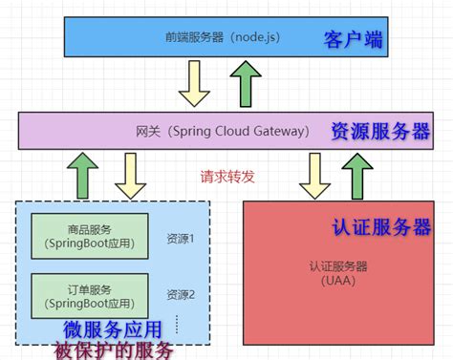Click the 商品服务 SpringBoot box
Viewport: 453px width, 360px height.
92,237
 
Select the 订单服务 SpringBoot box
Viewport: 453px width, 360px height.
92,295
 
